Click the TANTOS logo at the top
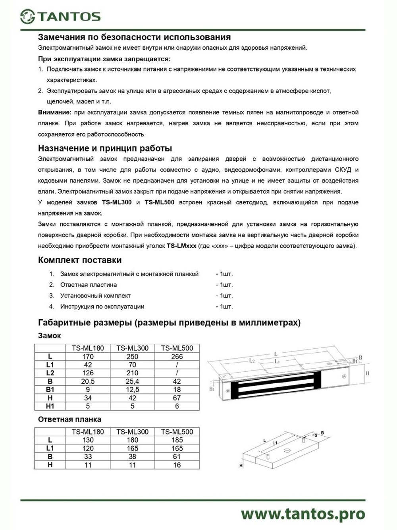(60, 16)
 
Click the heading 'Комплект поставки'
(80, 260)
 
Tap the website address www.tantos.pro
(303, 514)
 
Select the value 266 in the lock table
(177, 357)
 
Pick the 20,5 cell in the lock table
(88, 381)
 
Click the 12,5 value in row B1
(132, 390)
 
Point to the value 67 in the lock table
(177, 398)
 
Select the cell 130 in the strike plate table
(88, 440)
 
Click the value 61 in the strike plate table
(177, 456)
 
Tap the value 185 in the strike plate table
(177, 440)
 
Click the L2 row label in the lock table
(50, 373)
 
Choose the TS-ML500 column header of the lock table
(177, 348)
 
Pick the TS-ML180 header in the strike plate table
(88, 432)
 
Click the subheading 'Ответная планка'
(69, 419)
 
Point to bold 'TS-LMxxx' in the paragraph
(181, 246)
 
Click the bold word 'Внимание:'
(55, 113)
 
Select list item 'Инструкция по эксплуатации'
(102, 307)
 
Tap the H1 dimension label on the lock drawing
(212, 389)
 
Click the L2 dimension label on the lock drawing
(252, 361)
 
